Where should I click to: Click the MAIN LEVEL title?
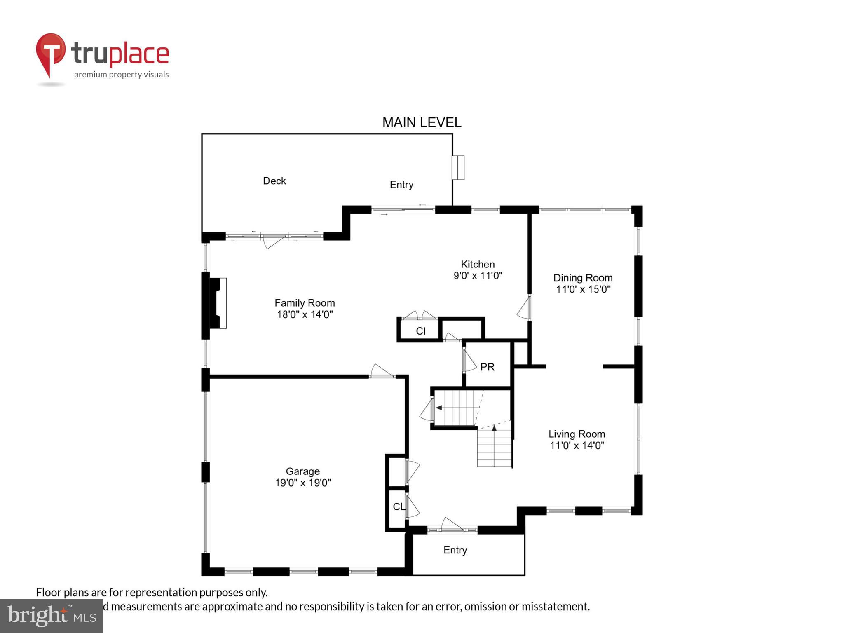[x=422, y=122]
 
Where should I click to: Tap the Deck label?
[x=274, y=181]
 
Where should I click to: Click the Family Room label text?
[x=305, y=303]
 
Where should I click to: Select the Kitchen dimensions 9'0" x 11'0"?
[x=478, y=276]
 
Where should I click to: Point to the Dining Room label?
[x=582, y=278]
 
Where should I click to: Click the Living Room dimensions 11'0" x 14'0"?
[x=577, y=445]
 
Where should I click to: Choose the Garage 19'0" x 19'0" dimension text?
[x=303, y=483]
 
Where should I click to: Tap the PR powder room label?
[x=487, y=367]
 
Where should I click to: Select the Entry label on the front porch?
[x=455, y=550]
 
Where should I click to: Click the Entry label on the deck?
[x=401, y=185]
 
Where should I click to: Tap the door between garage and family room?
[x=382, y=370]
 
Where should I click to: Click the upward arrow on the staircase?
[x=494, y=429]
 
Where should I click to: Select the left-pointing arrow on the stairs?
[x=439, y=408]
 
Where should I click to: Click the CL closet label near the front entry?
[x=399, y=506]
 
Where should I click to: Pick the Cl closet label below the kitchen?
[x=420, y=331]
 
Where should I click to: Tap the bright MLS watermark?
[x=51, y=616]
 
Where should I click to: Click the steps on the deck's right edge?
[x=458, y=167]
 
